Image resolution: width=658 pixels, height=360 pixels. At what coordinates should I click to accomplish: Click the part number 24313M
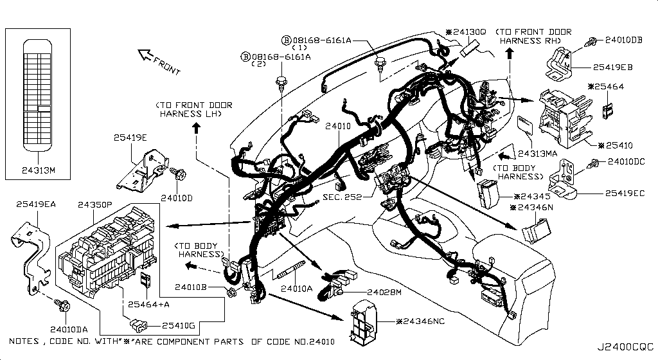[x=38, y=170]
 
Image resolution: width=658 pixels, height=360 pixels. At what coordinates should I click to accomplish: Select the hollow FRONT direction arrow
[x=145, y=54]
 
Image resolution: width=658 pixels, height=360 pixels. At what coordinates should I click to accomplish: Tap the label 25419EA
[x=36, y=204]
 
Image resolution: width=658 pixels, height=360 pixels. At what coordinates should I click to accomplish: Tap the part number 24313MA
[x=538, y=154]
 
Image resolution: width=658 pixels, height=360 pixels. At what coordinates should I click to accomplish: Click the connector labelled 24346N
[x=536, y=231]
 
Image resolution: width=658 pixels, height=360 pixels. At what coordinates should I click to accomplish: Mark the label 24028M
[x=384, y=292]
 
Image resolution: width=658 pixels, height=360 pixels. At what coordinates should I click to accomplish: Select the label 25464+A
[x=148, y=304]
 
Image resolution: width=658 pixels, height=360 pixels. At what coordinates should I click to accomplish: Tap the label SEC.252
[x=342, y=197]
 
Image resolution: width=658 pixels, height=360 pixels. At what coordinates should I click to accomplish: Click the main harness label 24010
[x=338, y=126]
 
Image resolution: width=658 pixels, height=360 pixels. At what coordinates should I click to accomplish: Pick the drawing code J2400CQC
[x=625, y=347]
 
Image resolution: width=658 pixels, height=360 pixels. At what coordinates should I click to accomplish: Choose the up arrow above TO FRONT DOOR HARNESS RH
[x=510, y=53]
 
